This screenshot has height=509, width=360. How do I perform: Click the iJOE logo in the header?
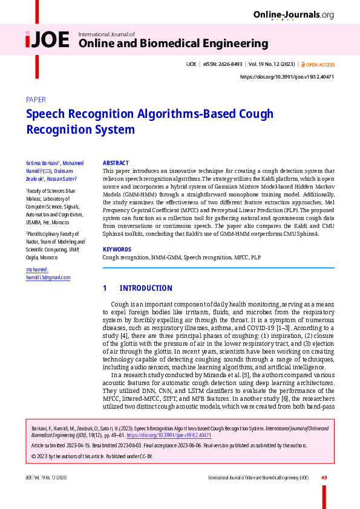(48, 40)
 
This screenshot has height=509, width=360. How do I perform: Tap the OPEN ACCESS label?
(320, 64)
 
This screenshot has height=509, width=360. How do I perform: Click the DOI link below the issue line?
(287, 77)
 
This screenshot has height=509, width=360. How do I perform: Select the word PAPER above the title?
(36, 100)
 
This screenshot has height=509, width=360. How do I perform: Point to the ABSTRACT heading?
(116, 163)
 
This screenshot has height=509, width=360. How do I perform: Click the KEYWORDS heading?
(117, 249)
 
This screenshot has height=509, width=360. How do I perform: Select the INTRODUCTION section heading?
(146, 288)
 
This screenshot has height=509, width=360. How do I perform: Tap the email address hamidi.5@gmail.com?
(48, 277)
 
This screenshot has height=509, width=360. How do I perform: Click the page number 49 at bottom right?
(324, 478)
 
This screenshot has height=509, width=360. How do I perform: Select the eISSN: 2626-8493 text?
(222, 64)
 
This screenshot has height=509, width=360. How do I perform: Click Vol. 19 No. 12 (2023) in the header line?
(272, 64)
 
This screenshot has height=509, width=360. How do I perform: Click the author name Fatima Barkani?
(41, 164)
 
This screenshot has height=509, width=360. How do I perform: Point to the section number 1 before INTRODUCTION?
(105, 288)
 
